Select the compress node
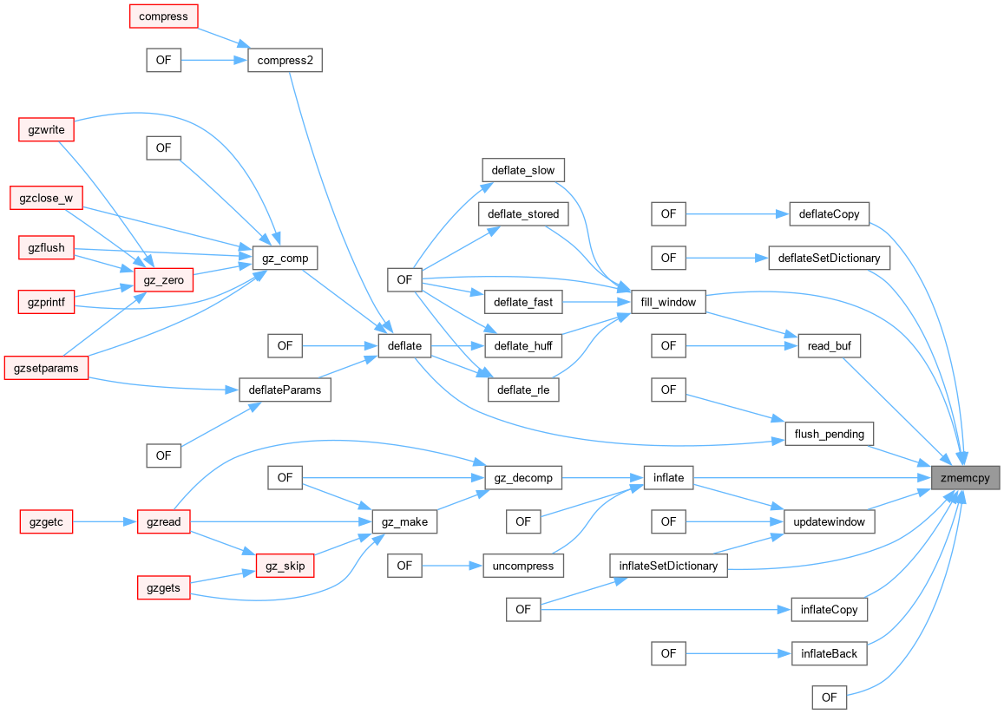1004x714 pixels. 164,16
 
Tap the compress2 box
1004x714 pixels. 285,60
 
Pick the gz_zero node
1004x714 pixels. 164,280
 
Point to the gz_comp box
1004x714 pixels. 285,258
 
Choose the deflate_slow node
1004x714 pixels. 522,169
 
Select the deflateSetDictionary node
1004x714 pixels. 829,258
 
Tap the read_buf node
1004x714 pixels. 829,346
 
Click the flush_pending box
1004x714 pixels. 829,433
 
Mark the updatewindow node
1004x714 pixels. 829,521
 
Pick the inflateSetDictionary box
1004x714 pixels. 668,566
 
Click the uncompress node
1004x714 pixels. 522,566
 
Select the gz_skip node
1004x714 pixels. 285,566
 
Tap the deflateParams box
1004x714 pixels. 285,390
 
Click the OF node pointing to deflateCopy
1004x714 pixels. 668,213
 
